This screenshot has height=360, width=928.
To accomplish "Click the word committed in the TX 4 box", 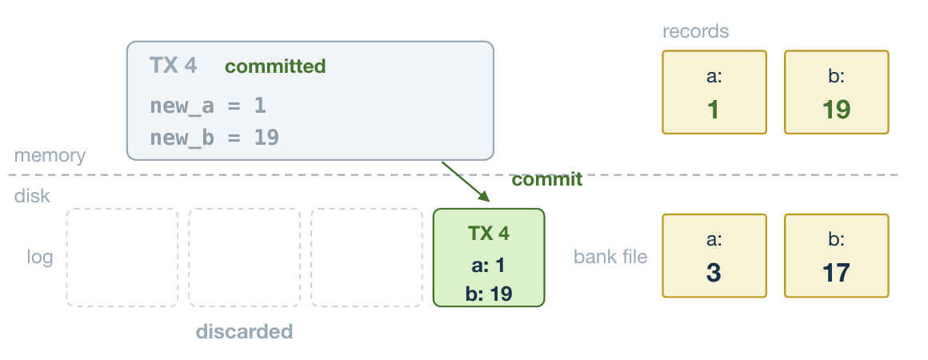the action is [x=275, y=66].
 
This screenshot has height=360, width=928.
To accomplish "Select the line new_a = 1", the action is [x=208, y=106].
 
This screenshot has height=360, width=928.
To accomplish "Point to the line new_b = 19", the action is [x=214, y=138].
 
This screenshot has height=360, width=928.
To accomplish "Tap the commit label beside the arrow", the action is [x=547, y=179].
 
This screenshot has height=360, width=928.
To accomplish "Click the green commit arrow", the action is [x=465, y=181].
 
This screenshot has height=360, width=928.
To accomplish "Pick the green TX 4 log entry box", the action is [x=489, y=258].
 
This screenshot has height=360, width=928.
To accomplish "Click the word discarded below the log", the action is [x=245, y=331].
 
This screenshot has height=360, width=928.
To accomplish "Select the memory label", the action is [x=50, y=156].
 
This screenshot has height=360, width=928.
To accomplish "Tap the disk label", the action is [x=32, y=196].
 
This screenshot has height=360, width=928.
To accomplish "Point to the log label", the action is [x=40, y=258].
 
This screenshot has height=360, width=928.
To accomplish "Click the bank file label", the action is [x=610, y=257].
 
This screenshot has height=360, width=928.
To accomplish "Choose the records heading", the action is [x=695, y=30].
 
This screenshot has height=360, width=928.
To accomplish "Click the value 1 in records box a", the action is [x=714, y=110].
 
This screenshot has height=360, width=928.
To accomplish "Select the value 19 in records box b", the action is [x=836, y=110].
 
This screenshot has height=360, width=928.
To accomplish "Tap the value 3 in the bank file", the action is [x=714, y=273].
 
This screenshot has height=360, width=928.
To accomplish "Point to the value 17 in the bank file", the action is [x=836, y=273].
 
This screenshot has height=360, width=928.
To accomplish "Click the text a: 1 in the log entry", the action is [x=488, y=266].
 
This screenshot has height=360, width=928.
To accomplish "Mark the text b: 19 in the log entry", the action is [x=489, y=294].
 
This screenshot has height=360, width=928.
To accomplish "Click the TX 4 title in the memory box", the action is [x=173, y=65].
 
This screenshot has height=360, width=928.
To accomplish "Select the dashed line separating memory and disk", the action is [x=453, y=174].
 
